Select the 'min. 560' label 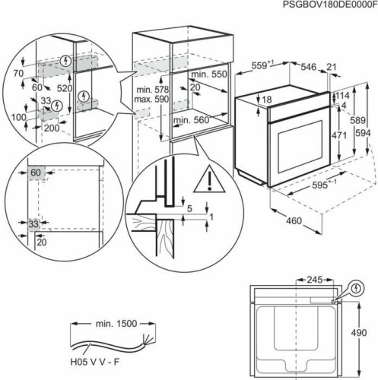(190, 121)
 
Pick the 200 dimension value (52, 128)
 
